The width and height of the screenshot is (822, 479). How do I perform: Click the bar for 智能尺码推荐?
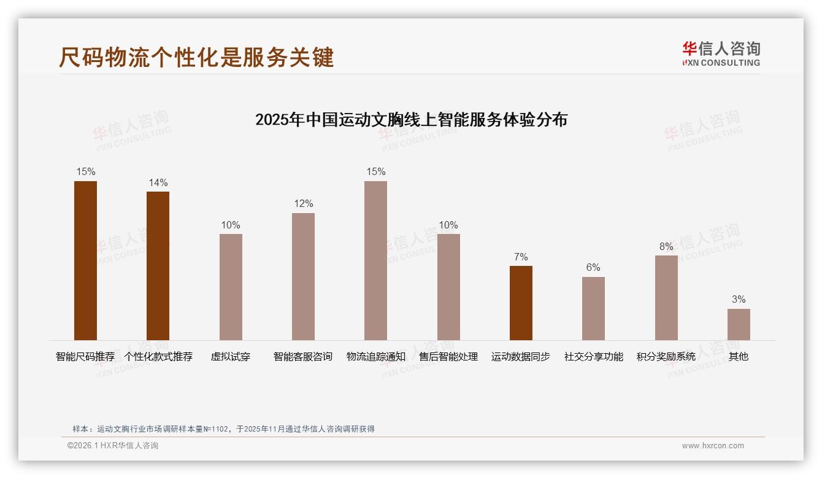(85, 260)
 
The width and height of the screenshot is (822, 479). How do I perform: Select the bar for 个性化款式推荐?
(158, 265)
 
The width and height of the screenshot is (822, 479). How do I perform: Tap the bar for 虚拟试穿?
(231, 287)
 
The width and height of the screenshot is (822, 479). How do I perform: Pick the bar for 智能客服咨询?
(303, 276)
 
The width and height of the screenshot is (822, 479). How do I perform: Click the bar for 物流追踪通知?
(376, 260)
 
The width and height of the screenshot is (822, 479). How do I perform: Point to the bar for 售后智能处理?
(448, 287)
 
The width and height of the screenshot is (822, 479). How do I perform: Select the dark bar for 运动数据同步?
(521, 303)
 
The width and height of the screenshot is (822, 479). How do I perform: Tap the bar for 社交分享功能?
(593, 308)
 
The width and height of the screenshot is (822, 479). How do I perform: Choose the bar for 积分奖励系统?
(666, 297)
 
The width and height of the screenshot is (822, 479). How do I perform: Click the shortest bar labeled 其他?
(739, 324)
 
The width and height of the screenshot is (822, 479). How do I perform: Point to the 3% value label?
(739, 300)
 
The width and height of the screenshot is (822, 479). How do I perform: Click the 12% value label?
(303, 204)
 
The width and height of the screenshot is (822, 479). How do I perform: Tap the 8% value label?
(666, 247)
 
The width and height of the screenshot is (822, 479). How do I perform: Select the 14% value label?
(158, 183)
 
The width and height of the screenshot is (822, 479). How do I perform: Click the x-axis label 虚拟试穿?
(231, 357)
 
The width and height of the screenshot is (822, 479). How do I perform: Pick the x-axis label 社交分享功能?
(593, 357)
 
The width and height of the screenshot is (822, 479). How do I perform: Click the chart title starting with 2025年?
(411, 119)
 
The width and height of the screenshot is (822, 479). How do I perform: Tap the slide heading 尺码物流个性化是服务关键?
(196, 57)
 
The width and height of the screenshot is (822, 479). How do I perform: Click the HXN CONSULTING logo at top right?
(721, 54)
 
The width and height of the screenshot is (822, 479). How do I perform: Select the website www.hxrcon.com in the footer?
(713, 446)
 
